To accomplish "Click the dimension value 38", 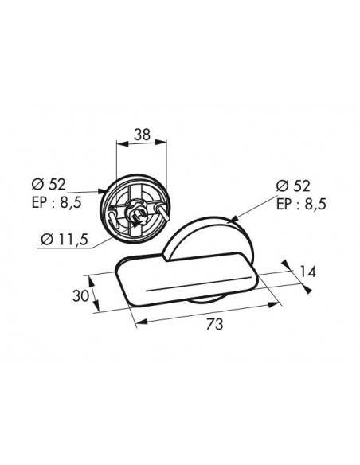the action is click(x=142, y=135).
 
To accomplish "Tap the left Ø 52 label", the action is click(x=49, y=185).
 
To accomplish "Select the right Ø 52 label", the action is click(x=293, y=186).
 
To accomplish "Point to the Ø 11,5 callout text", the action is click(x=65, y=240).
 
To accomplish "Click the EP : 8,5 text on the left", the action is click(x=57, y=203).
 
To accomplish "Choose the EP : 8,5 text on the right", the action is click(x=301, y=204).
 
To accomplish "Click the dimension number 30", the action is click(x=80, y=295).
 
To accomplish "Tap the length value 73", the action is click(x=214, y=324).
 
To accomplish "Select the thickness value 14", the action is click(x=307, y=272).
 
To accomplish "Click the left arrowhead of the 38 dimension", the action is click(x=122, y=143).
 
